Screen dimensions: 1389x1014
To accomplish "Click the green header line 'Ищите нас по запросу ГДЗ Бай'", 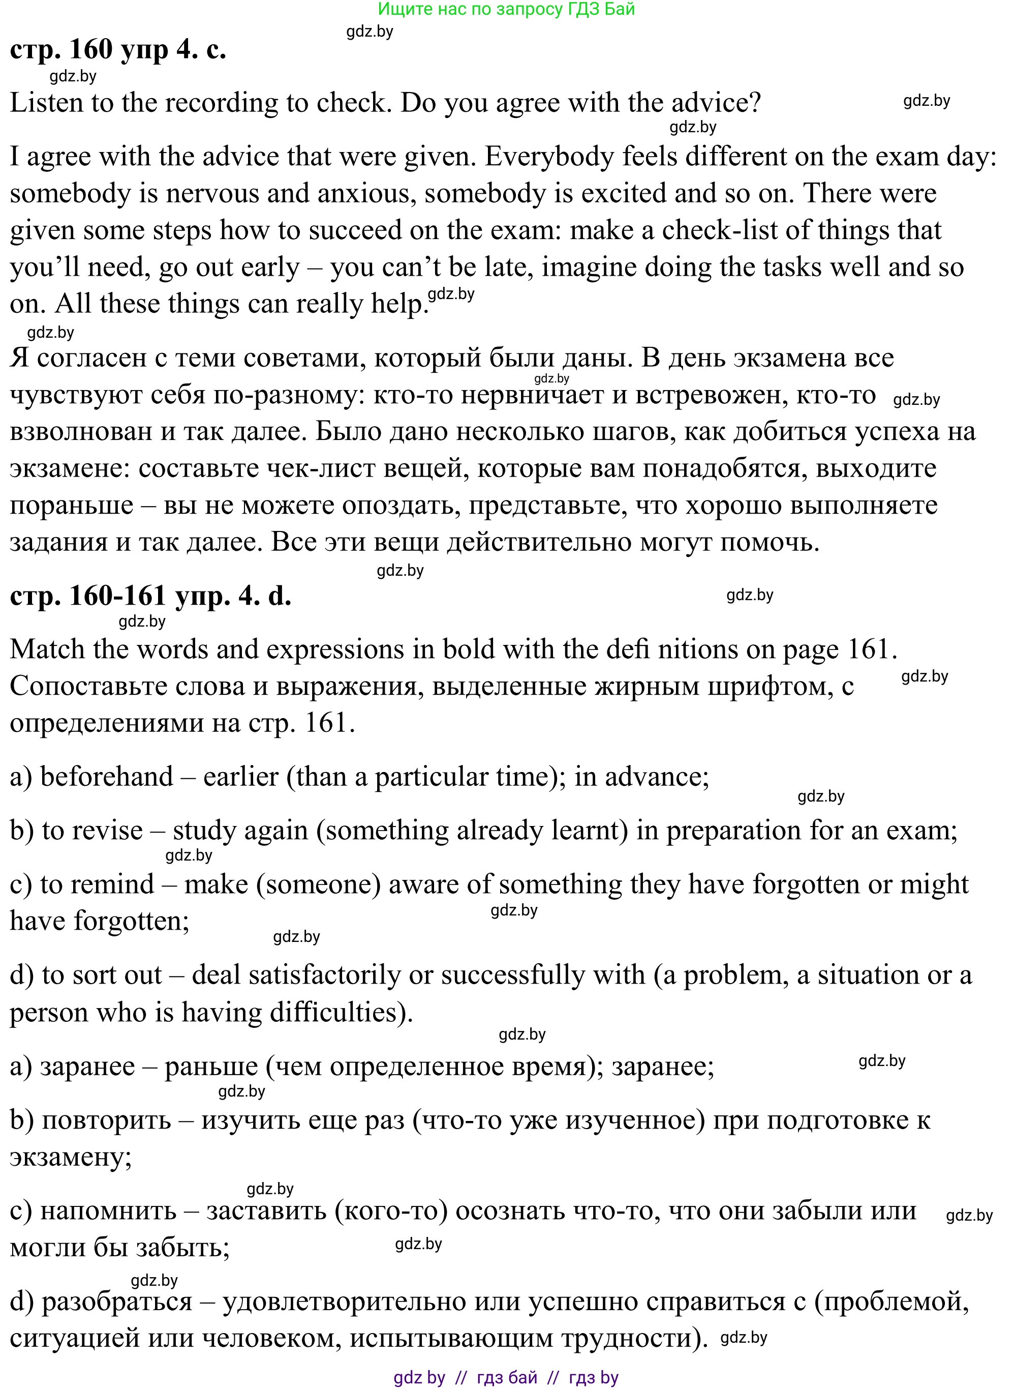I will pyautogui.click(x=506, y=9).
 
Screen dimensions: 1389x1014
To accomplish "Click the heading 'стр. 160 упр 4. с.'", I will pyautogui.click(x=118, y=49).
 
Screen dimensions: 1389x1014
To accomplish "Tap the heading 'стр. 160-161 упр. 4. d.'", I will pyautogui.click(x=150, y=596).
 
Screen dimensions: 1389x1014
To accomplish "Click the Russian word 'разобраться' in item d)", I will pyautogui.click(x=116, y=1301).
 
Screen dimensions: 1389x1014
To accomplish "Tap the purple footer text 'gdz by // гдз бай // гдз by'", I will pyautogui.click(x=506, y=1377).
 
